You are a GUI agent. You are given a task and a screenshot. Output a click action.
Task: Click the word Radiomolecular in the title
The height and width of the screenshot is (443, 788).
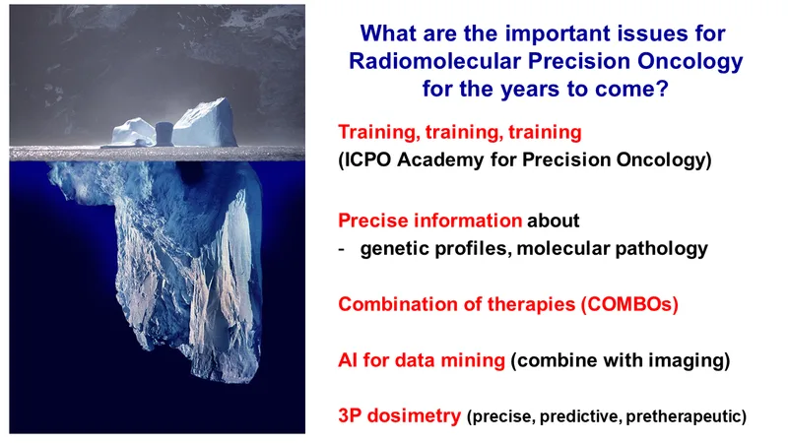pos(434,61)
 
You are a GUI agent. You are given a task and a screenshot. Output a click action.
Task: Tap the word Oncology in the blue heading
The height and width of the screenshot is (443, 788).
pos(690,62)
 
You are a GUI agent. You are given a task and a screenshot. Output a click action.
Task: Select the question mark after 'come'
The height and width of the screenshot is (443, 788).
pos(662,89)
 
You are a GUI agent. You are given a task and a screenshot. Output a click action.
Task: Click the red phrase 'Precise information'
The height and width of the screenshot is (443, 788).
pos(430,221)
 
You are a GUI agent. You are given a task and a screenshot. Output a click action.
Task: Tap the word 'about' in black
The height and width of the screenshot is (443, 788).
pos(554,221)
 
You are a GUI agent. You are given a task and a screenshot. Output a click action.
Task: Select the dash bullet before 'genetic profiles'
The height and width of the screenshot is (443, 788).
pos(342,249)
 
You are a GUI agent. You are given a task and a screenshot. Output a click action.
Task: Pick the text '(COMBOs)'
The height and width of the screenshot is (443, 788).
pos(629,304)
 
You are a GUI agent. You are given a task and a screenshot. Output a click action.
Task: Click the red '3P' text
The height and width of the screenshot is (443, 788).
pos(351,415)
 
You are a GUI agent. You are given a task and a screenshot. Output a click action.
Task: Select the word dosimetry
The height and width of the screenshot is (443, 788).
pos(414,416)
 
